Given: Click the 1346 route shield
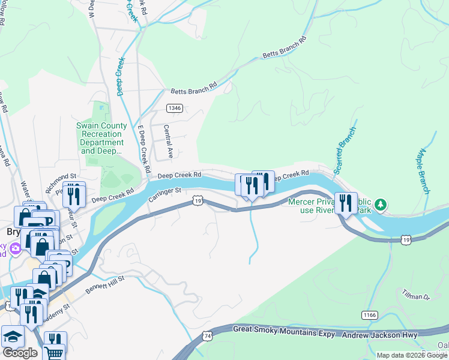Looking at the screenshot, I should (175, 109).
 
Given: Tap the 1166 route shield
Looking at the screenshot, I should (370, 314).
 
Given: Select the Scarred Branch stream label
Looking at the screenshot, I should (345, 150).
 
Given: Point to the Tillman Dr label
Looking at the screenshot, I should (416, 295).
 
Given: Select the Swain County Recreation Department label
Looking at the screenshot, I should (102, 138).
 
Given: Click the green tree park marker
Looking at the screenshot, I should (381, 206).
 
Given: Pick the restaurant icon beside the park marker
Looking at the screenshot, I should (345, 203).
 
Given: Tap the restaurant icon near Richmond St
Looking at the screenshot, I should (74, 193).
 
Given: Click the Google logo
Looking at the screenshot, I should (20, 353).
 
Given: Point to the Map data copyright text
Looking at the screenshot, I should (412, 355).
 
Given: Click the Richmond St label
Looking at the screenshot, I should (62, 177).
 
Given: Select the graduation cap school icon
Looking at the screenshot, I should (12, 336).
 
